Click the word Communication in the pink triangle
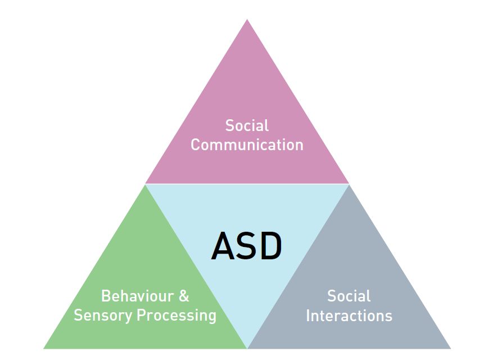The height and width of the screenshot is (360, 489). click(247, 145)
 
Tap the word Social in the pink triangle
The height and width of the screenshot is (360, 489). click(247, 125)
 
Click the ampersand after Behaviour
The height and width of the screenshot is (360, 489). click(183, 296)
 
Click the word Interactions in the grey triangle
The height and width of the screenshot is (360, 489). click(349, 316)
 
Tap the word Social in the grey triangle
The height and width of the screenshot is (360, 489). click(349, 296)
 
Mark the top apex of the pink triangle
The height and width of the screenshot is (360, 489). click(247, 20)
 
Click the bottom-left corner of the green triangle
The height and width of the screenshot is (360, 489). click(44, 348)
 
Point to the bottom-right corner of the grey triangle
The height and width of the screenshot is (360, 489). click(450, 348)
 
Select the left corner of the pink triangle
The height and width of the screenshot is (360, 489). click(146, 183)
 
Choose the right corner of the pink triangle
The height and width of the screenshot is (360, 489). click(348, 183)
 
